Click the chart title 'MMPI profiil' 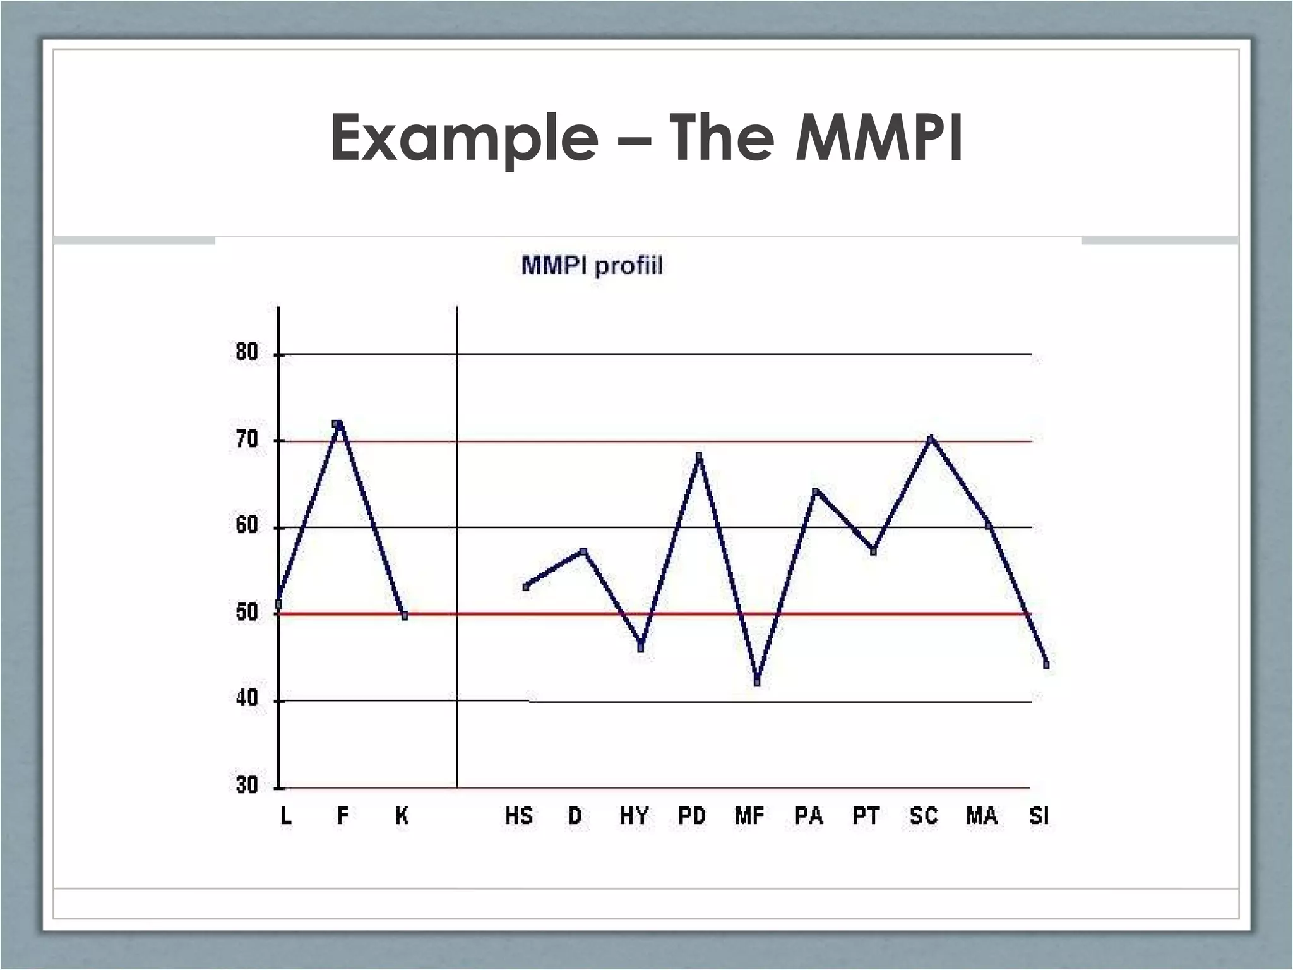(592, 266)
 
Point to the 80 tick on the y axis (247, 352)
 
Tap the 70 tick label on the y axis (247, 440)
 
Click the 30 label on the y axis (247, 786)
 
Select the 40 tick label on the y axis (247, 699)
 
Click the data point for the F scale (338, 424)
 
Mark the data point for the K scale (404, 616)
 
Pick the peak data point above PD (698, 456)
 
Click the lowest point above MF (757, 682)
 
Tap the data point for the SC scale (931, 438)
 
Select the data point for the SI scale (1046, 664)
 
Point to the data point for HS (526, 587)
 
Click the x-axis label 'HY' (634, 817)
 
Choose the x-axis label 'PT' (866, 817)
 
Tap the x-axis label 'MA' (982, 817)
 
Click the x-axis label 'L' (286, 817)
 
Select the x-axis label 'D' (575, 817)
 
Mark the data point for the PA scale (815, 491)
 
